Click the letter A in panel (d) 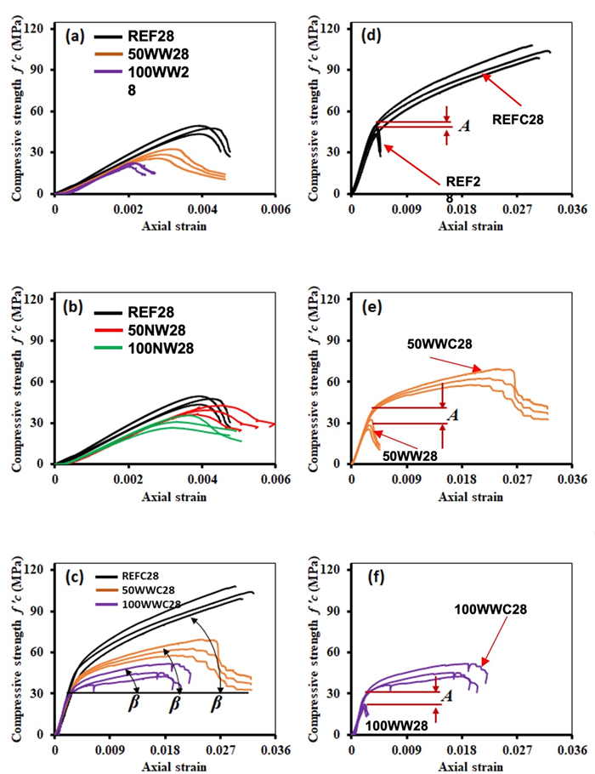pos(464,125)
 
